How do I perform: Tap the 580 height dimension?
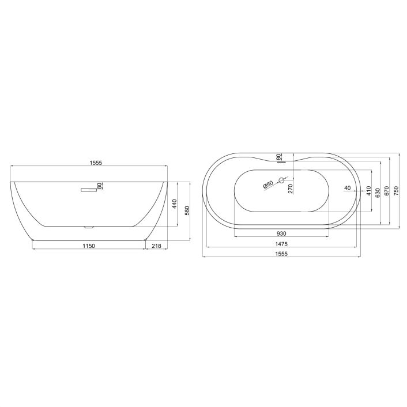pyautogui.click(x=186, y=212)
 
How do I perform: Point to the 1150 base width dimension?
pyautogui.click(x=88, y=246)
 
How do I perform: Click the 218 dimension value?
pyautogui.click(x=156, y=246)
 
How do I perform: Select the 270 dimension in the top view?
pyautogui.click(x=291, y=187)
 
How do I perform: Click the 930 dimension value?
pyautogui.click(x=281, y=234)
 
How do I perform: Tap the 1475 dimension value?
pyautogui.click(x=281, y=244)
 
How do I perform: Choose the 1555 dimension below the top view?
pyautogui.click(x=281, y=254)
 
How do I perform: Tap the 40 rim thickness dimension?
pyautogui.click(x=347, y=188)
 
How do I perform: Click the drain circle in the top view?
pyautogui.click(x=282, y=180)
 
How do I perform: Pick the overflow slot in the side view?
pyautogui.click(x=89, y=189)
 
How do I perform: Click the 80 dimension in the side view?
pyautogui.click(x=99, y=186)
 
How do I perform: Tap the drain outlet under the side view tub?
pyautogui.click(x=88, y=227)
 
